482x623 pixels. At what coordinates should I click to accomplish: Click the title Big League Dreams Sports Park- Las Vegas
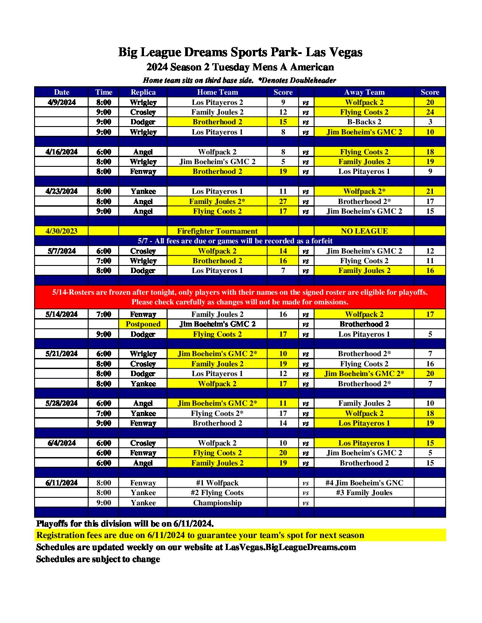pyautogui.click(x=240, y=52)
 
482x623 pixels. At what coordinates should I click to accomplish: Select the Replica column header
pyautogui.click(x=143, y=92)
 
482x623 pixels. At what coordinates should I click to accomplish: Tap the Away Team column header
pyautogui.click(x=364, y=92)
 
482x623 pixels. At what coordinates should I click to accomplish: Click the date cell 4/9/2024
pyautogui.click(x=62, y=102)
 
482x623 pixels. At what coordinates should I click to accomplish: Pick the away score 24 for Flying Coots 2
pyautogui.click(x=430, y=112)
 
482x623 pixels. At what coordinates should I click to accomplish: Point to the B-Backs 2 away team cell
pyautogui.click(x=364, y=122)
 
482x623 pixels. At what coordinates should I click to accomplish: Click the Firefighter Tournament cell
pyautogui.click(x=217, y=231)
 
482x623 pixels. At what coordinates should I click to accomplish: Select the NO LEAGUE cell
pyautogui.click(x=364, y=231)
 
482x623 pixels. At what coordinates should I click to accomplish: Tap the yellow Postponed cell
pyautogui.click(x=143, y=324)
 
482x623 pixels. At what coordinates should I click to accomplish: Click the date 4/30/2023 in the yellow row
pyautogui.click(x=62, y=231)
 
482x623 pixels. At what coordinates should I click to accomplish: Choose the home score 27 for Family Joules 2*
pyautogui.click(x=283, y=201)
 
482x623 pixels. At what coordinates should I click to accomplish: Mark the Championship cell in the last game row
pyautogui.click(x=217, y=503)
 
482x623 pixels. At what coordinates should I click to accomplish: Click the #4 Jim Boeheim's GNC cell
pyautogui.click(x=364, y=483)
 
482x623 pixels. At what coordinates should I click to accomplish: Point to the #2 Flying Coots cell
pyautogui.click(x=217, y=492)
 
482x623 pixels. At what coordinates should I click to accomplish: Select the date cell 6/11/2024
pyautogui.click(x=62, y=483)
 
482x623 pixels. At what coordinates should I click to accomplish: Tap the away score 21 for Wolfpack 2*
pyautogui.click(x=430, y=191)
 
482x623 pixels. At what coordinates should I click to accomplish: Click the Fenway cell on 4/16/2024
pyautogui.click(x=143, y=171)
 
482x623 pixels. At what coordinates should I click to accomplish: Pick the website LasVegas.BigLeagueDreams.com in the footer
pyautogui.click(x=290, y=547)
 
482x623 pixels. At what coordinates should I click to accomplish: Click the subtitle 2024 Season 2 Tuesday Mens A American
pyautogui.click(x=240, y=67)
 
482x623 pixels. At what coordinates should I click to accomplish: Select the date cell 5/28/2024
pyautogui.click(x=62, y=403)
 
